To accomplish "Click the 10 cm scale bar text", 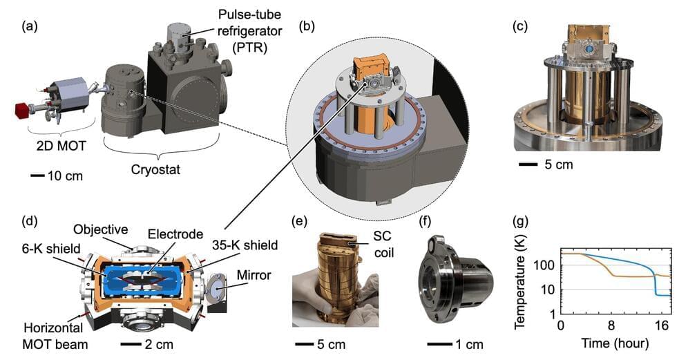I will tap(64, 176).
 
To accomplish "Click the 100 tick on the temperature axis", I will tap(545, 265).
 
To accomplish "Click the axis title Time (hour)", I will tap(614, 343).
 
